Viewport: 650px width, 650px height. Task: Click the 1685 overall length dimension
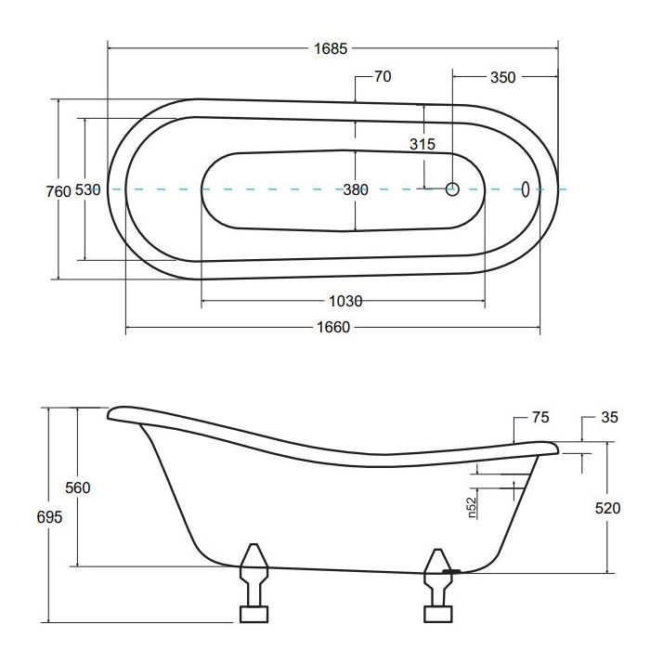[332, 48]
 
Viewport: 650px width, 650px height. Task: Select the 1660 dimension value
[332, 327]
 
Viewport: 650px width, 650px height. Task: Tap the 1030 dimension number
[345, 301]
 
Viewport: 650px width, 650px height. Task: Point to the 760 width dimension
[58, 190]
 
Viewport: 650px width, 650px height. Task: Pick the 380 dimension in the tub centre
[356, 189]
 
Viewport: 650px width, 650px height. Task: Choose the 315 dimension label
[422, 144]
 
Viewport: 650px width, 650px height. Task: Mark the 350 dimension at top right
[501, 77]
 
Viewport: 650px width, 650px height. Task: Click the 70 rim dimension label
[383, 77]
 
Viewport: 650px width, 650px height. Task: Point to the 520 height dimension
[608, 508]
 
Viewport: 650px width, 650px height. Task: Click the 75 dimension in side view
[540, 418]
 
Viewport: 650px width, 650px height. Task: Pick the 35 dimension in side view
[609, 418]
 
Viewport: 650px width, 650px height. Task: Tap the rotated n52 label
[473, 508]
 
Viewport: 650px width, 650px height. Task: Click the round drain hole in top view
[453, 189]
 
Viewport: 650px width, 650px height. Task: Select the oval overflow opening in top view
[526, 189]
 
